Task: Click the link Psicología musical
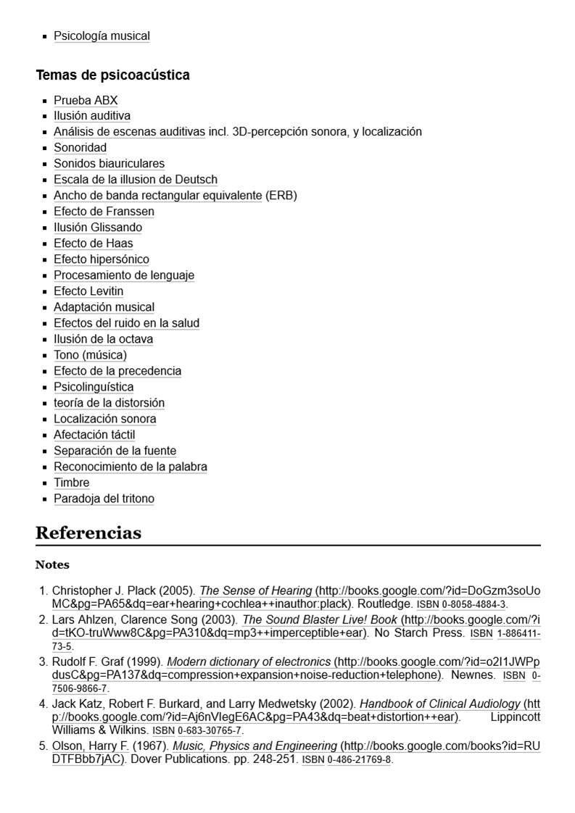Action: tap(102, 36)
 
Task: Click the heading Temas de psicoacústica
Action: tap(112, 75)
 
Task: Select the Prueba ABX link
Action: tap(86, 100)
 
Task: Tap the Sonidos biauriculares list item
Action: tap(109, 164)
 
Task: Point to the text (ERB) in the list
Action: tap(281, 196)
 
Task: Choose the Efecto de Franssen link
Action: tap(104, 212)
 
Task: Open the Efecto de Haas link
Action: tap(93, 243)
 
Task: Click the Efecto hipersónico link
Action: tap(101, 259)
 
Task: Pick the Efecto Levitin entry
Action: tap(88, 291)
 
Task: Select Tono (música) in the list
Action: tap(90, 355)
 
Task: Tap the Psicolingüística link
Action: tap(94, 387)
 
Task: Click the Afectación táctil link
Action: tap(94, 435)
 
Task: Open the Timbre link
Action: tap(71, 483)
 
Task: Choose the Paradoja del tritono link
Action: tap(104, 499)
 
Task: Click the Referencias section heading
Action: tap(88, 533)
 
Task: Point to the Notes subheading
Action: tap(52, 564)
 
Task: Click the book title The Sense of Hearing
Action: tap(255, 591)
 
